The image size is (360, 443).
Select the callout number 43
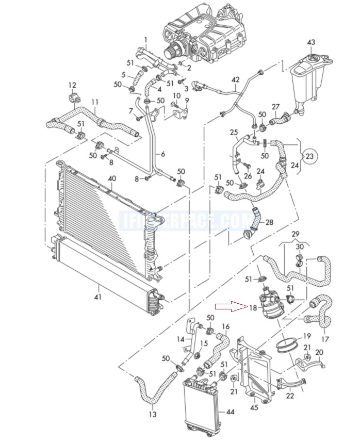coord(311,42)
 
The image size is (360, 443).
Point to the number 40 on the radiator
coord(112,178)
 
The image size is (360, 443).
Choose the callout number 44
coord(230,413)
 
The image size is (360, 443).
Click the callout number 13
coord(152,414)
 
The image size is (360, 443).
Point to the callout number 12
coord(72,85)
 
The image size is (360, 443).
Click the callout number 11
coord(94,102)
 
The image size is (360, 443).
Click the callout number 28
coord(269,222)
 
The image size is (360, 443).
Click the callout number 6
coord(163,154)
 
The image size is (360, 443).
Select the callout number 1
coord(145,40)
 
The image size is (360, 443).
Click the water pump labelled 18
coord(269,303)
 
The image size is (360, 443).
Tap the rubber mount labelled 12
coord(72,97)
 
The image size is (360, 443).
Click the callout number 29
coord(295,235)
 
